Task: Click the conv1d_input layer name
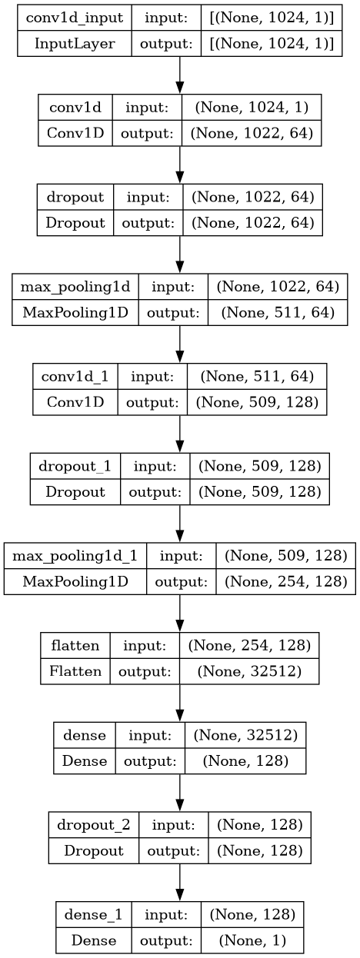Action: point(75,18)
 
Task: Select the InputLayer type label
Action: point(75,44)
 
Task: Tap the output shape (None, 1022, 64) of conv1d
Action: point(252,134)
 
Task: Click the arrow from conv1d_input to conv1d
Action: point(180,75)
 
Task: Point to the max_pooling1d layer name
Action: point(75,287)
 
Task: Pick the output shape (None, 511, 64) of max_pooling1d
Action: point(278,313)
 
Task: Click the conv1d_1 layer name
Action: point(75,377)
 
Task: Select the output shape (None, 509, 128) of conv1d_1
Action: point(257,402)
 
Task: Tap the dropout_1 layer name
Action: point(75,466)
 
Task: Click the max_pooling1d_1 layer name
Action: point(75,556)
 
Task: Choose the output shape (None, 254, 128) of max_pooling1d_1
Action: point(286,581)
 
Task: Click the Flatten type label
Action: point(75,671)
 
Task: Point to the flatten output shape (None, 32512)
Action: point(249,671)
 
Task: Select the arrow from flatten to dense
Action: point(180,703)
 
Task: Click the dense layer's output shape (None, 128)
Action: point(245,761)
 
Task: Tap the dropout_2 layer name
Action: point(93,825)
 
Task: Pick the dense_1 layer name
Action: point(93,915)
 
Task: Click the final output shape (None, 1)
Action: point(252,940)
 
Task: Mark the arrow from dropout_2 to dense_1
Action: point(180,883)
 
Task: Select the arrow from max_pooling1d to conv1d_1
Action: point(180,344)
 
